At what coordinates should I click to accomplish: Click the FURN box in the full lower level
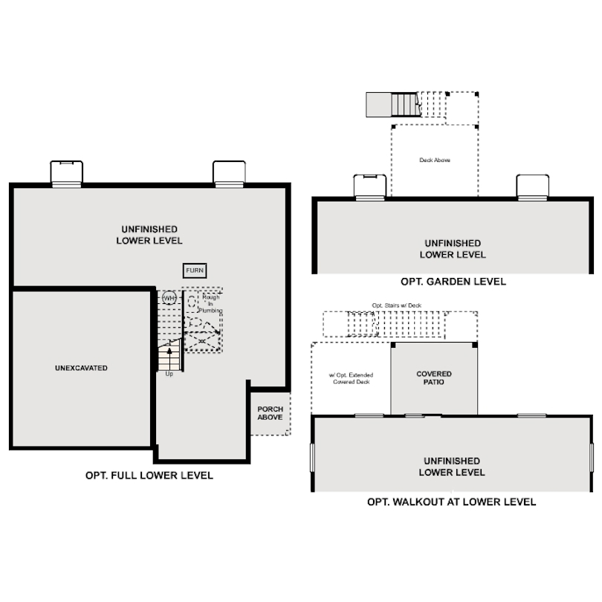click(x=195, y=271)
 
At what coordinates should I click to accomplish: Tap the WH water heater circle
click(x=169, y=298)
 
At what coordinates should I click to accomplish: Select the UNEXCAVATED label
click(x=81, y=368)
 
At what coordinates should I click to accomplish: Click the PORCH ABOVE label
click(x=270, y=413)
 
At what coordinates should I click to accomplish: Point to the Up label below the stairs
click(x=169, y=374)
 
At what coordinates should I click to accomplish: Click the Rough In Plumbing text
click(x=210, y=304)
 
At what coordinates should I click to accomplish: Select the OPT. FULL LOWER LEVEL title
click(x=149, y=476)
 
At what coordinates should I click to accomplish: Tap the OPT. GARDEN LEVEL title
click(x=453, y=282)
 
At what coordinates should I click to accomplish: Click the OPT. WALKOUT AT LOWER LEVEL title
click(x=452, y=502)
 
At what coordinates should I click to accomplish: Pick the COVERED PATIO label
click(x=434, y=378)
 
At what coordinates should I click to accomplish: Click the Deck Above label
click(x=435, y=160)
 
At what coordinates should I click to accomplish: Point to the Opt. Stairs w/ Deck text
click(x=397, y=305)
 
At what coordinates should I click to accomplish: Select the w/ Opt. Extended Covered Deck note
click(x=351, y=378)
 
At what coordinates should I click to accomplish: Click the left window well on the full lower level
click(x=66, y=174)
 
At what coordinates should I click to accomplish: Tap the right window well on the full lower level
click(x=229, y=174)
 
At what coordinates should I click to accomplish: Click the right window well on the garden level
click(x=532, y=187)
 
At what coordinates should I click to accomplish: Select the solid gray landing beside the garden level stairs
click(x=378, y=105)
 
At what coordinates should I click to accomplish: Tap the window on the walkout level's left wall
click(x=312, y=458)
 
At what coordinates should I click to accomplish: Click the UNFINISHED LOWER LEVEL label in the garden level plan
click(x=453, y=249)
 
